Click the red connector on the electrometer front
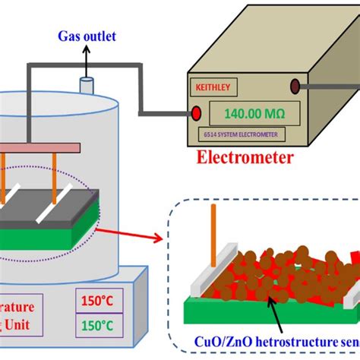click(x=197, y=114)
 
